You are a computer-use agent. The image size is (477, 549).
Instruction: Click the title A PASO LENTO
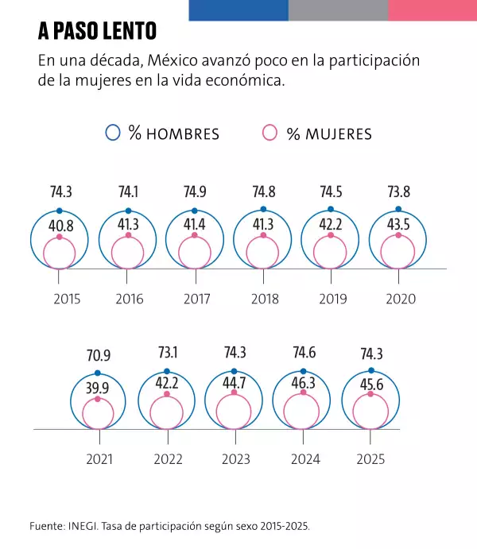pyautogui.click(x=97, y=32)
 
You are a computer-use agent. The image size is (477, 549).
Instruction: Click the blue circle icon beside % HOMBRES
pyautogui.click(x=114, y=133)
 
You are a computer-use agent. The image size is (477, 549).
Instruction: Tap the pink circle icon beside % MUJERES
pyautogui.click(x=271, y=133)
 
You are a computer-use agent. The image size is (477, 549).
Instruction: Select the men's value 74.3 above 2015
pyautogui.click(x=61, y=191)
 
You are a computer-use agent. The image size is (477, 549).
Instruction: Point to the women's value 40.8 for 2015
pyautogui.click(x=60, y=226)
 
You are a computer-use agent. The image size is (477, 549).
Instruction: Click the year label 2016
pyautogui.click(x=129, y=300)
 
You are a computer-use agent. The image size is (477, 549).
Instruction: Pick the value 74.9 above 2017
pyautogui.click(x=196, y=191)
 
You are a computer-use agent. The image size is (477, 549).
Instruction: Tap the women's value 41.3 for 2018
pyautogui.click(x=263, y=225)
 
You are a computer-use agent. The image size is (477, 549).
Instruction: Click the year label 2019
pyautogui.click(x=332, y=300)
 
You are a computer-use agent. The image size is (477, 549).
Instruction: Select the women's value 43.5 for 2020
pyautogui.click(x=398, y=225)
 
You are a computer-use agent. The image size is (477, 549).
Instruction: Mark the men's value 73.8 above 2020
pyautogui.click(x=399, y=191)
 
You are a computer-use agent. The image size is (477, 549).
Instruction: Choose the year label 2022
pyautogui.click(x=168, y=459)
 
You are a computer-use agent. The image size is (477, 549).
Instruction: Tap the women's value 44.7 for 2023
pyautogui.click(x=235, y=387)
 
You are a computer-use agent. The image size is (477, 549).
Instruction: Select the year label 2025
pyautogui.click(x=370, y=459)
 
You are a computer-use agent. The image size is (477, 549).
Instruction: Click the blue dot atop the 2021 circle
pyautogui.click(x=98, y=373)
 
